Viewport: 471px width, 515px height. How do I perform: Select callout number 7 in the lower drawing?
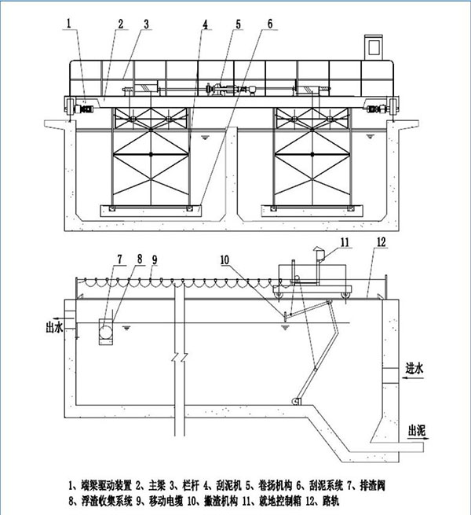pos(119,258)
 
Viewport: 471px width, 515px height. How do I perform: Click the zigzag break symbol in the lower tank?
pos(179,361)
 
